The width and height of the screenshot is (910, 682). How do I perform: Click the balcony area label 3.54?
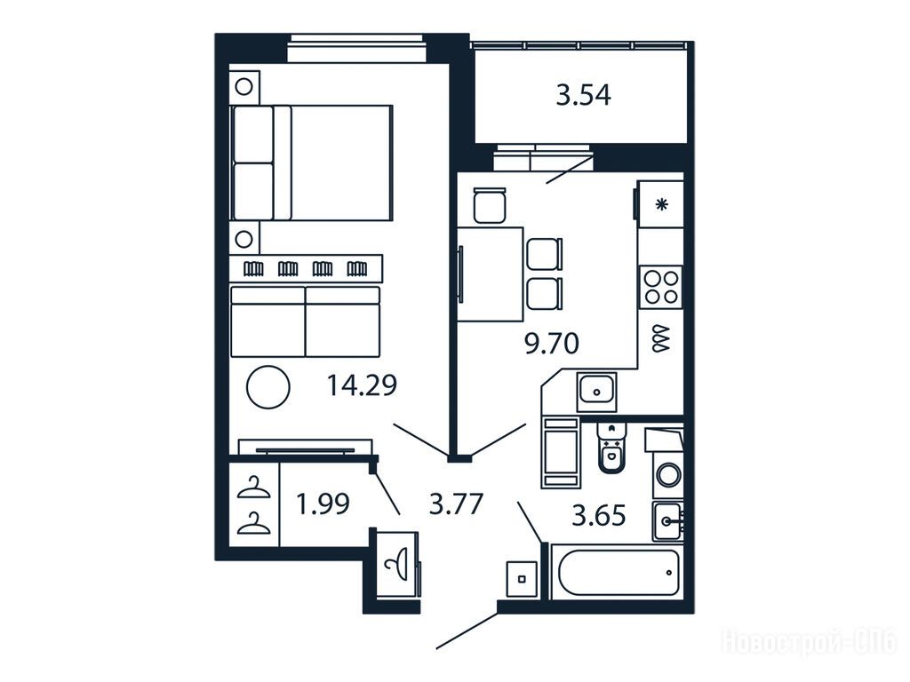click(583, 96)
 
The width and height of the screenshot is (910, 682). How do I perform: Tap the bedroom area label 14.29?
click(362, 385)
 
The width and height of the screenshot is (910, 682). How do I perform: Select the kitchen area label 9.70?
click(551, 344)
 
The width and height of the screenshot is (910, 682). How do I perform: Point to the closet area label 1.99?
click(323, 504)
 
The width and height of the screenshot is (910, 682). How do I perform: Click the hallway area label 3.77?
click(456, 504)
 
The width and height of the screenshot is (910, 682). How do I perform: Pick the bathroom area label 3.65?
click(599, 515)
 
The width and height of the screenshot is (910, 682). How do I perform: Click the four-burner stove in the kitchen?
click(661, 287)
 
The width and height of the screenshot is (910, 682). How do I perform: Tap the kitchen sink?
click(596, 392)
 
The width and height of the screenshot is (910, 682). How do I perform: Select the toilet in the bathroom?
click(610, 448)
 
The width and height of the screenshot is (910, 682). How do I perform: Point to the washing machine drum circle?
click(669, 474)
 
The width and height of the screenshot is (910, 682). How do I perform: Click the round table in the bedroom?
click(267, 387)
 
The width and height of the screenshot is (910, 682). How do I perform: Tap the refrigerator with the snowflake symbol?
click(660, 204)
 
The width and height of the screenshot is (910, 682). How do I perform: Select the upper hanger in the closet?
click(253, 488)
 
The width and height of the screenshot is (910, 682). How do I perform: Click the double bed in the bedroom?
click(312, 163)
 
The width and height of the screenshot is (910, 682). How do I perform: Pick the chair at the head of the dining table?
click(490, 205)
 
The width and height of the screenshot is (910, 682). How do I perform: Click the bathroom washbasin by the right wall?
click(667, 521)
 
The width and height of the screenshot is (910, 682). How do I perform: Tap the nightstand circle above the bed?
click(243, 87)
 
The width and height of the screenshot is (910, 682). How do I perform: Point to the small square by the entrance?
click(522, 579)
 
